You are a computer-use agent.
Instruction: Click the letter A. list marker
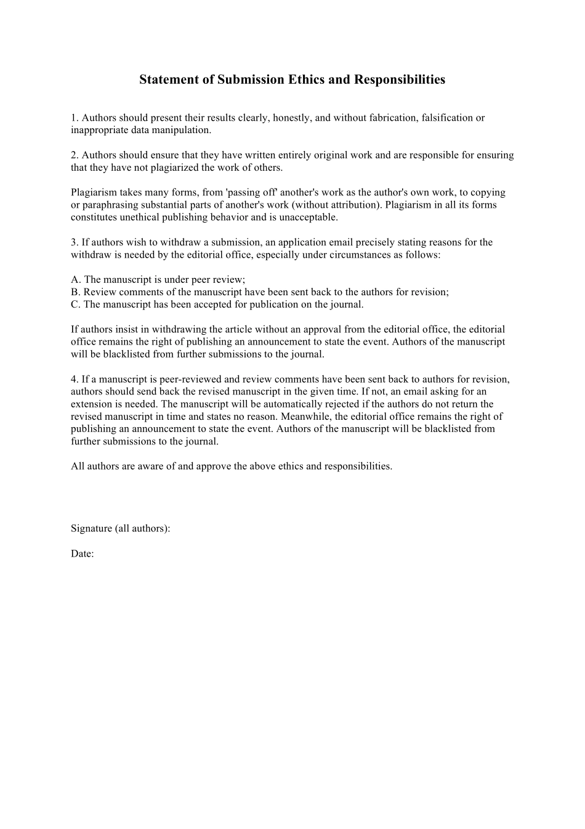tap(76, 279)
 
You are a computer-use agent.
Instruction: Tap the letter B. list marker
tap(76, 292)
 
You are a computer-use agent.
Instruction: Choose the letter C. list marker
tap(76, 304)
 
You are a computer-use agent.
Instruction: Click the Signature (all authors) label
tap(120, 528)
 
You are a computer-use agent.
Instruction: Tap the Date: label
tap(82, 553)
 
